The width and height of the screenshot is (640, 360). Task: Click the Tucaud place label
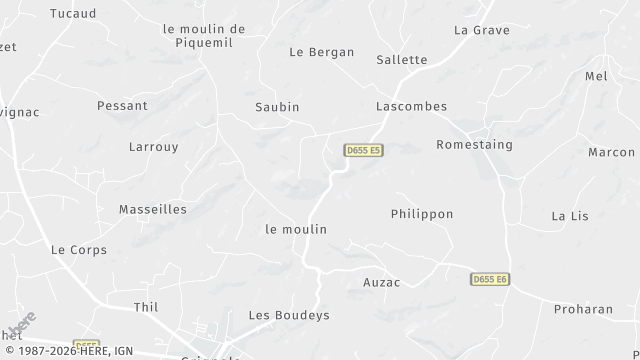pyautogui.click(x=73, y=14)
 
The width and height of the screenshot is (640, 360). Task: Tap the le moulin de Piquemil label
pyautogui.click(x=203, y=35)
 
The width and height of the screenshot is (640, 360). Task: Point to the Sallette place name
pyautogui.click(x=401, y=59)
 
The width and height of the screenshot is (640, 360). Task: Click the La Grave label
pyautogui.click(x=481, y=30)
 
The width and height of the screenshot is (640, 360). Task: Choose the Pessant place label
pyautogui.click(x=122, y=105)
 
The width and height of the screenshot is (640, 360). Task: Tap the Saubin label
pyautogui.click(x=277, y=106)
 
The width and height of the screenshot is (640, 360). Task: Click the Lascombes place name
pyautogui.click(x=411, y=106)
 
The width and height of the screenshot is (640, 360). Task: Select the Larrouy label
pyautogui.click(x=153, y=146)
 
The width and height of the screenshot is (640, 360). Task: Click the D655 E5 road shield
pyautogui.click(x=364, y=150)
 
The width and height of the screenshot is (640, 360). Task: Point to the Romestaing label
pyautogui.click(x=474, y=144)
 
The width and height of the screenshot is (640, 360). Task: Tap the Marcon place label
pyautogui.click(x=611, y=152)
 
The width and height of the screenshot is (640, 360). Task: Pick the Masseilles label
pyautogui.click(x=152, y=209)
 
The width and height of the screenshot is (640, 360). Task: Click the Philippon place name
pyautogui.click(x=421, y=214)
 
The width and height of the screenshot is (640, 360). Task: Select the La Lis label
pyautogui.click(x=571, y=215)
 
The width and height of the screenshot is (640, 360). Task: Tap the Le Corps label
pyautogui.click(x=78, y=249)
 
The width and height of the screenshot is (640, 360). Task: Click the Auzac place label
pyautogui.click(x=381, y=282)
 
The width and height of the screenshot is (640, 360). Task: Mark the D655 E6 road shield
pyautogui.click(x=490, y=279)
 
